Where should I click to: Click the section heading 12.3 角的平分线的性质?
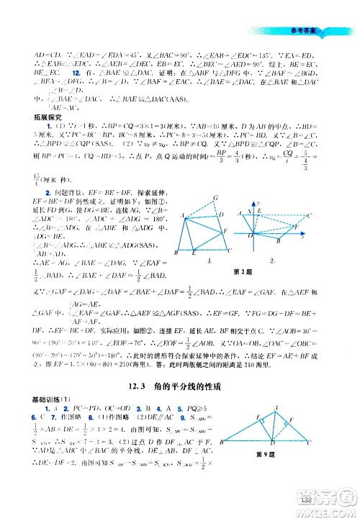(179, 386)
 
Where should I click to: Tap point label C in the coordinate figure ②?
(309, 215)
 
